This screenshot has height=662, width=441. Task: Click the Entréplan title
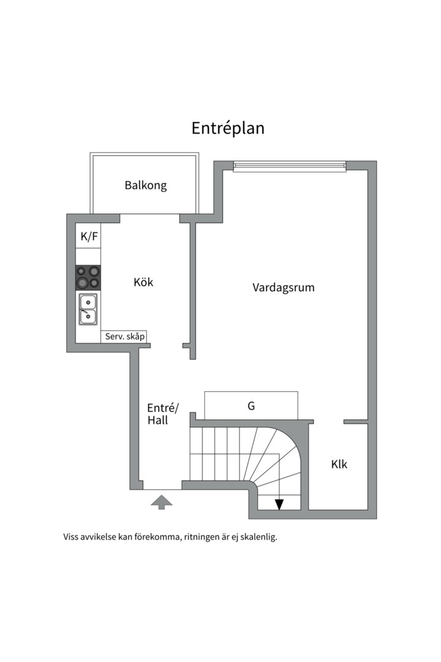tap(228, 128)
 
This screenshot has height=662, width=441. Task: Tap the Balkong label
tap(146, 185)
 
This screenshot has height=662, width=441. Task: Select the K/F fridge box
tap(88, 236)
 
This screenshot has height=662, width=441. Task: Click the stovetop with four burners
tap(88, 278)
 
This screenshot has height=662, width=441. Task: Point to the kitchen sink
tap(88, 310)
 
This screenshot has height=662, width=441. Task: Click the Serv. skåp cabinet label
tap(125, 337)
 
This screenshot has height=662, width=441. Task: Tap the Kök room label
tap(143, 282)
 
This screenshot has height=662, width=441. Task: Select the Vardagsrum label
tap(284, 288)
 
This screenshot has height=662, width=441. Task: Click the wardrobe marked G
tap(251, 406)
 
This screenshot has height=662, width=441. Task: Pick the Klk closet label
tap(339, 465)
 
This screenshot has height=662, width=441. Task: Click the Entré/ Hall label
tap(163, 414)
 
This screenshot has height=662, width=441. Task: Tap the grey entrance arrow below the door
tap(162, 503)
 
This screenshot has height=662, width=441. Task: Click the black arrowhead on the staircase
tap(279, 504)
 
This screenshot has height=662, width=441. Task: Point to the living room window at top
tap(290, 167)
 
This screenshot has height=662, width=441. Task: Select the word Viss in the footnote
tap(70, 537)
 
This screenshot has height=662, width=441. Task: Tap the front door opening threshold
tap(162, 489)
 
